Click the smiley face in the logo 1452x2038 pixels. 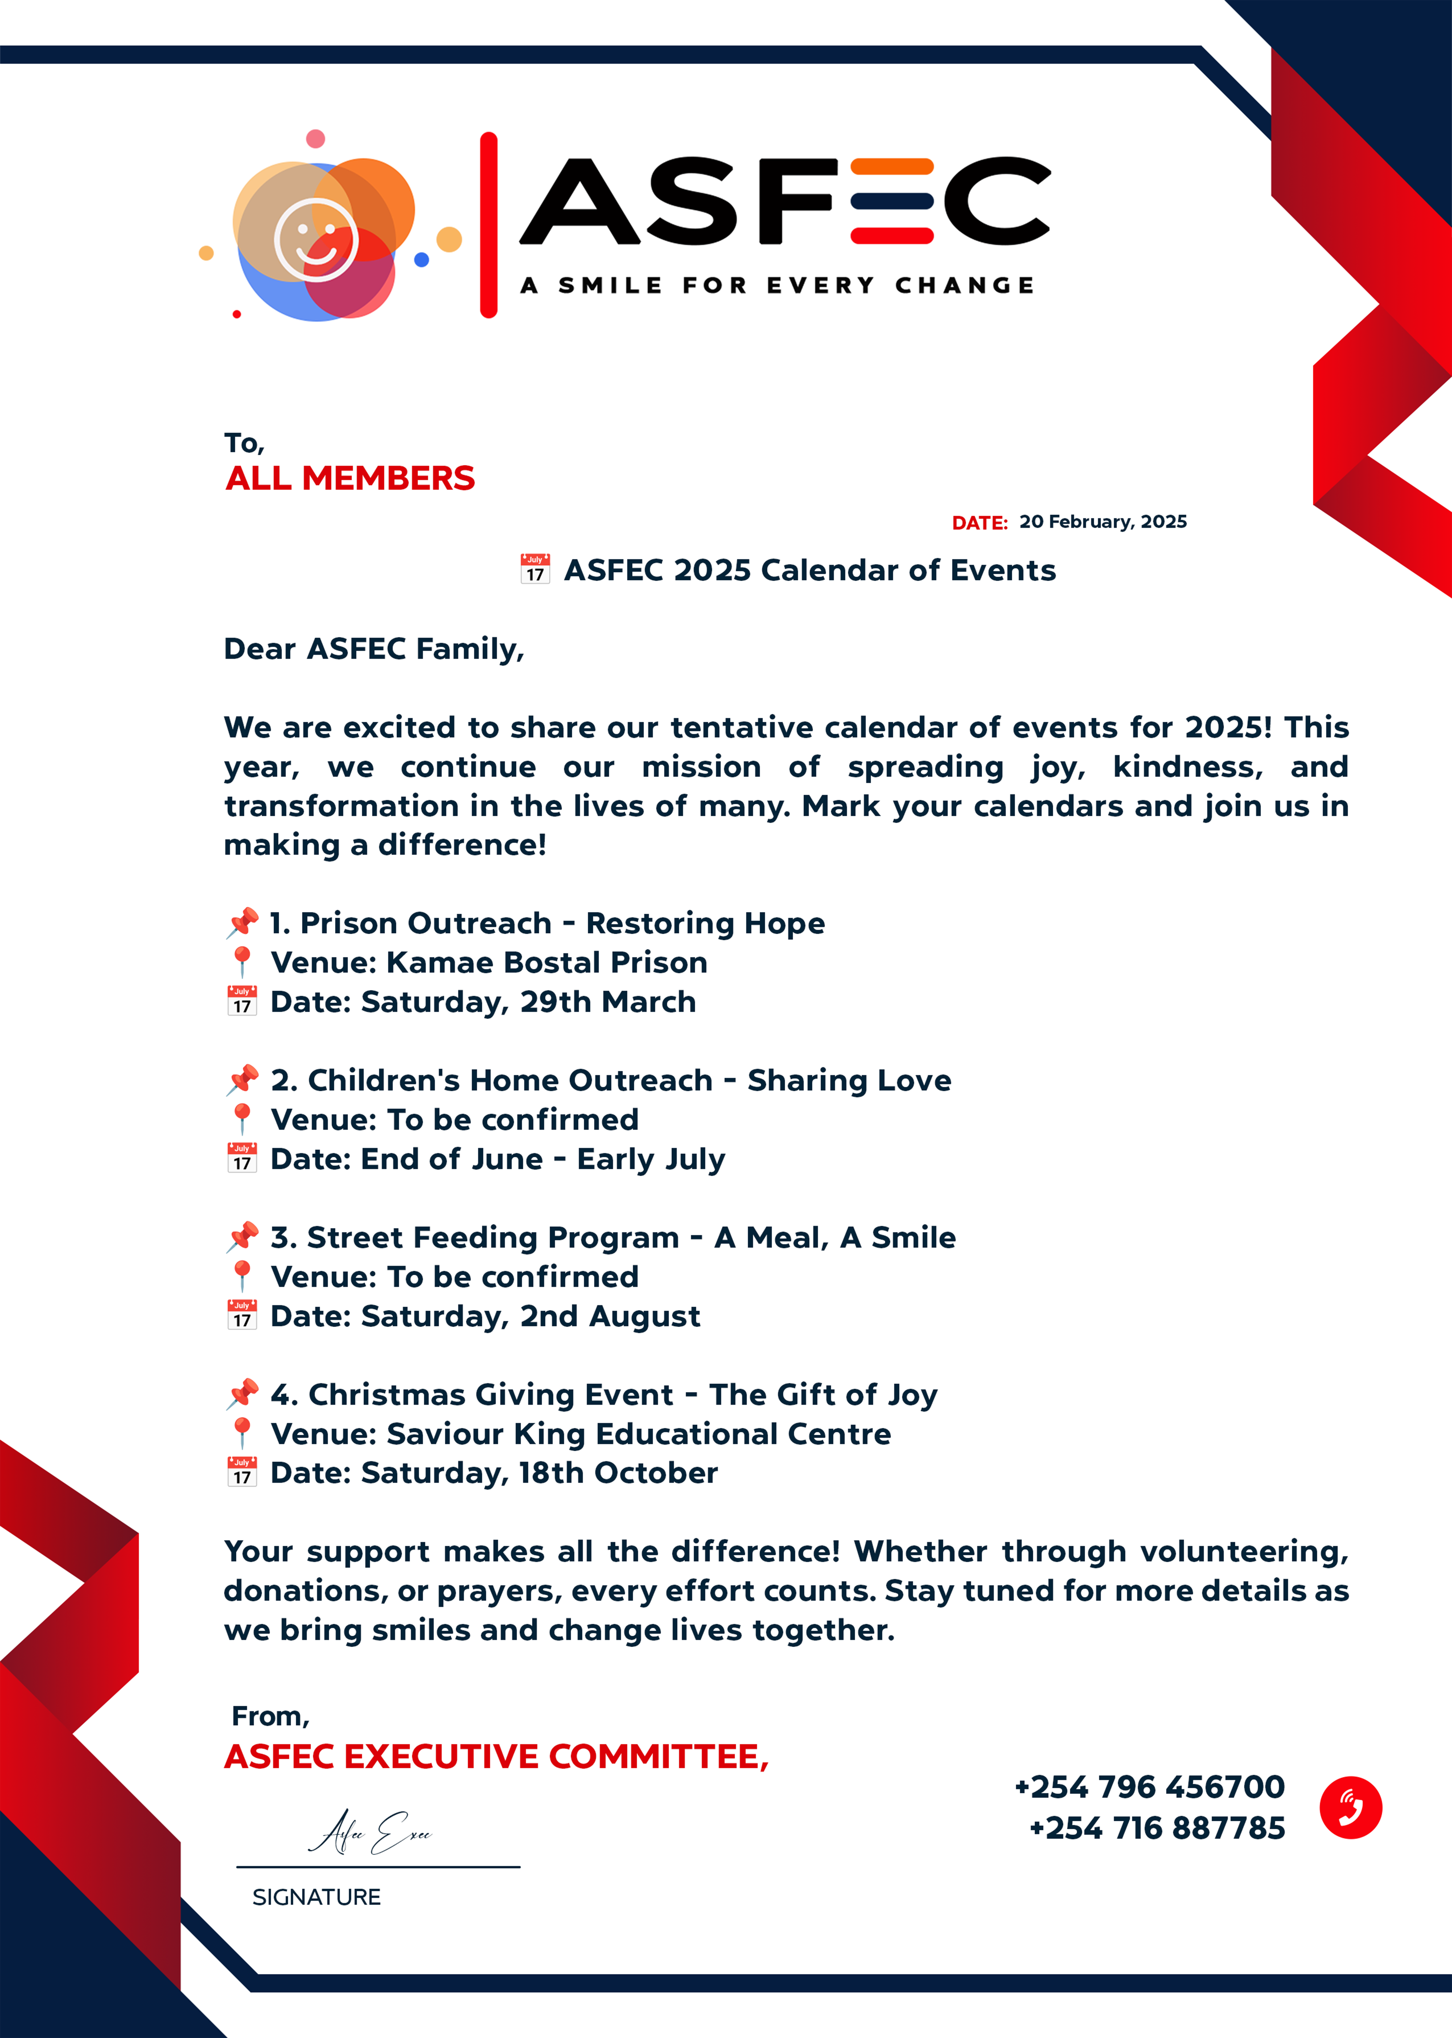[x=316, y=240]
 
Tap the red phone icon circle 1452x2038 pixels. [x=1350, y=1807]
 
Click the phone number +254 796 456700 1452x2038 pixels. [x=1149, y=1787]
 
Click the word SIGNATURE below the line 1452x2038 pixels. [x=316, y=1897]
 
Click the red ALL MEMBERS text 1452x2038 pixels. [x=349, y=478]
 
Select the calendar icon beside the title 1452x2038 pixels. [x=535, y=569]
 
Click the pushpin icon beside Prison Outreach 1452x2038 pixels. [x=242, y=922]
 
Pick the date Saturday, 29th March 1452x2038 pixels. [x=528, y=1002]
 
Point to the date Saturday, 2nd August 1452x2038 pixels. [x=530, y=1316]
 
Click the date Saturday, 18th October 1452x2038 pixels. [x=538, y=1473]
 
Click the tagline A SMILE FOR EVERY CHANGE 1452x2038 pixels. [x=777, y=285]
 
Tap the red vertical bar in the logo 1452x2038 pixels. [x=488, y=224]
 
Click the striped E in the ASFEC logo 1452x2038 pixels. [x=891, y=201]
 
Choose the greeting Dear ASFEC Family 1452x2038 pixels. [x=374, y=648]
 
